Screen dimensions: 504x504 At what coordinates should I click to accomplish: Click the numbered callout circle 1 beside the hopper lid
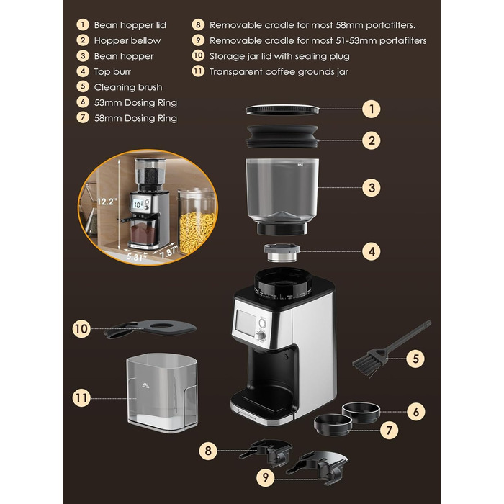click(372, 109)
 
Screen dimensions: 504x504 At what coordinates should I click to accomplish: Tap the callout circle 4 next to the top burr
click(372, 251)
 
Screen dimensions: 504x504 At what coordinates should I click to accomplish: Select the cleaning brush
click(392, 349)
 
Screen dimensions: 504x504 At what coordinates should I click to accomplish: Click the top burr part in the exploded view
click(282, 253)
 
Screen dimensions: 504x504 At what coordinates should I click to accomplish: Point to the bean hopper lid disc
click(282, 109)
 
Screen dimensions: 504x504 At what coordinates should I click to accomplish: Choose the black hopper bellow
click(282, 136)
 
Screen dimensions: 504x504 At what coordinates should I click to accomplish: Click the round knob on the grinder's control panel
click(262, 336)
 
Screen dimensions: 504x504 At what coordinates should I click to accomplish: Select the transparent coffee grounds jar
click(162, 392)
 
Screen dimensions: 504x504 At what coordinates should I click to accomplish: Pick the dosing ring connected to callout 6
click(361, 413)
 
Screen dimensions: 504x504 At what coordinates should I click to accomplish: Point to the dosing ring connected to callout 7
click(333, 425)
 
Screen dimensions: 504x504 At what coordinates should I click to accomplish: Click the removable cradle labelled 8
click(266, 452)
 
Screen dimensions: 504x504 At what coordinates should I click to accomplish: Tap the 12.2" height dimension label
click(107, 202)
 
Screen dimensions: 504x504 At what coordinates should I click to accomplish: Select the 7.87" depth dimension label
click(168, 252)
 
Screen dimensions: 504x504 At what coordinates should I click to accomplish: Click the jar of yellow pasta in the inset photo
click(197, 222)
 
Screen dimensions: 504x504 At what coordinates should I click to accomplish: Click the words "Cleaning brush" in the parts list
click(128, 87)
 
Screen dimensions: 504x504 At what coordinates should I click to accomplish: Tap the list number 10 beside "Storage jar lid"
click(198, 55)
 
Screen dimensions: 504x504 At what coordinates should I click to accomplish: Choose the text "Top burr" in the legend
click(112, 71)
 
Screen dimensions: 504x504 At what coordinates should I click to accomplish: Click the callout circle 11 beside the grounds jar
click(81, 398)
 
